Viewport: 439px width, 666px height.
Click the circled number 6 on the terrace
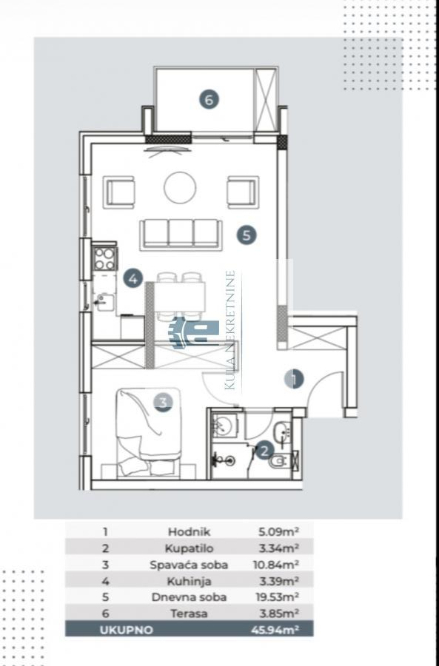[x=209, y=100]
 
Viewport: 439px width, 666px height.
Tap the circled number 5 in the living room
[x=247, y=235]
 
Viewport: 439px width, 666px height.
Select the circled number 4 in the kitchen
[x=133, y=279]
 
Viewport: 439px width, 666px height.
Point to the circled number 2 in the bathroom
[x=264, y=450]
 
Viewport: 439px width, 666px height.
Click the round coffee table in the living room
[x=180, y=187]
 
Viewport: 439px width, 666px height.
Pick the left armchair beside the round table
[x=119, y=192]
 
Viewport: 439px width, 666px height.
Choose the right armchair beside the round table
[x=243, y=192]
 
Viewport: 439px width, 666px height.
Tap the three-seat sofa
[x=181, y=234]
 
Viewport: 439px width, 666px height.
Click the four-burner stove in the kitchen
[x=105, y=258]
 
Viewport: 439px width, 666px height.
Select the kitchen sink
[x=104, y=302]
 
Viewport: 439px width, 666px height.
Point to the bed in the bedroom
[x=148, y=433]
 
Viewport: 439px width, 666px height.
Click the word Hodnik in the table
[x=189, y=531]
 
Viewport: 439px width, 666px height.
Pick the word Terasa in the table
[x=189, y=613]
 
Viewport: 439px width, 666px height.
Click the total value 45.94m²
[x=275, y=630]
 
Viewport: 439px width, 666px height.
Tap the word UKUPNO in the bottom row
[x=126, y=630]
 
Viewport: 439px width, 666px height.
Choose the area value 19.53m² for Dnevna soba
[x=277, y=596]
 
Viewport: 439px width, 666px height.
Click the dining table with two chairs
[x=180, y=296]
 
